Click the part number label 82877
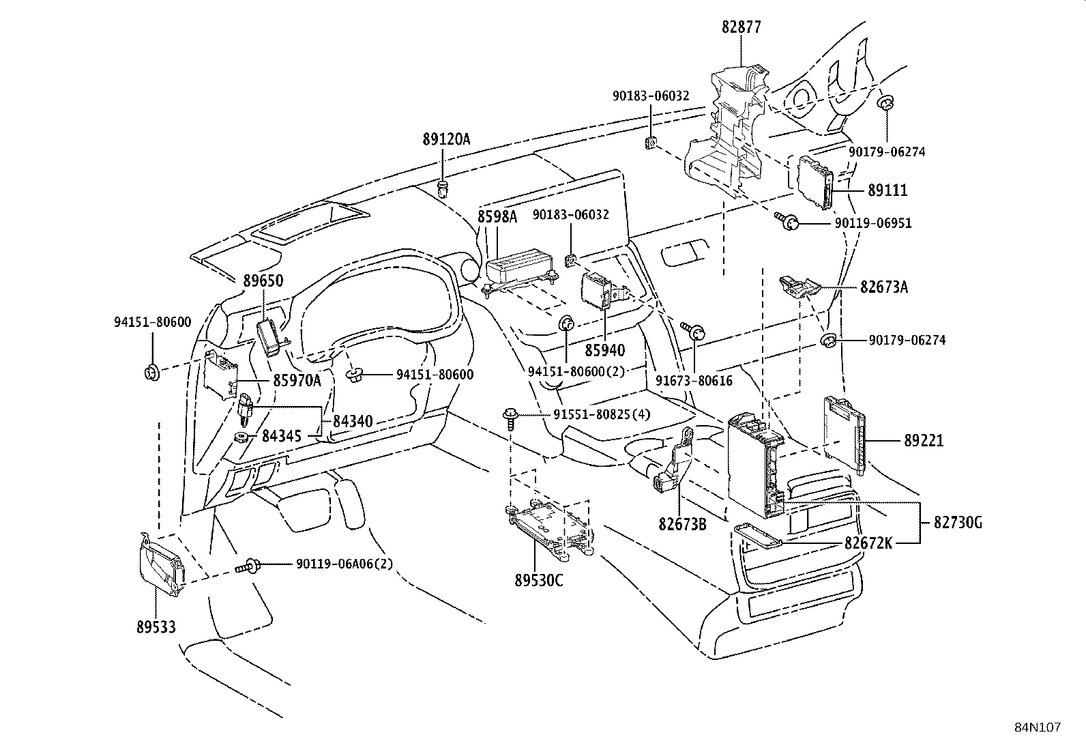click(x=741, y=27)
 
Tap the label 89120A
click(x=446, y=139)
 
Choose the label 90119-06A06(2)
click(x=344, y=564)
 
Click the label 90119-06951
click(x=872, y=223)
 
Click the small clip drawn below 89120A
click(x=444, y=188)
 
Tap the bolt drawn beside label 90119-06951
click(x=788, y=220)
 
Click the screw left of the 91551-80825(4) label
click(x=510, y=416)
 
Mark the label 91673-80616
click(x=694, y=380)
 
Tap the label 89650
click(x=263, y=280)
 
